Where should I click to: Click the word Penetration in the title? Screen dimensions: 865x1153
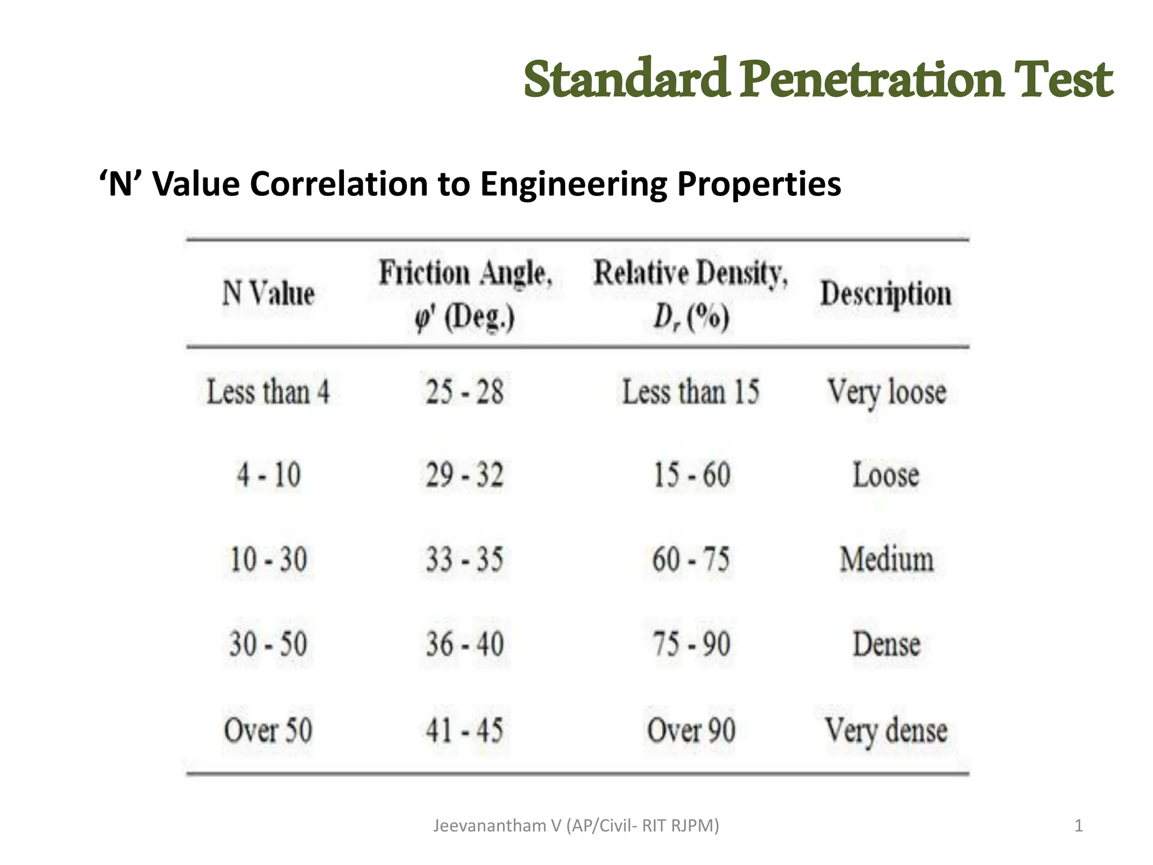pyautogui.click(x=871, y=80)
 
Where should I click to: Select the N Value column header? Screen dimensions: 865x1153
pyautogui.click(x=268, y=293)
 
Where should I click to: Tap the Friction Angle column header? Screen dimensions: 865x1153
pyautogui.click(x=465, y=295)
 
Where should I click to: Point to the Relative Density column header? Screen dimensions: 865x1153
pyautogui.click(x=691, y=295)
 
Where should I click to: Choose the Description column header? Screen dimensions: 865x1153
pyautogui.click(x=886, y=294)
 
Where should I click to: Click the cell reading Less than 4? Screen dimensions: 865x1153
pyautogui.click(x=268, y=391)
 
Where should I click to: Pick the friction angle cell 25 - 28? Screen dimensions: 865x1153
pyautogui.click(x=464, y=391)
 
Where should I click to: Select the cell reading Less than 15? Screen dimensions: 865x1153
pyautogui.click(x=691, y=391)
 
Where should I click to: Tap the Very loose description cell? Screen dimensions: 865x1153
pyautogui.click(x=886, y=392)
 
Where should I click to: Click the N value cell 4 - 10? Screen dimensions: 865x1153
pyautogui.click(x=269, y=475)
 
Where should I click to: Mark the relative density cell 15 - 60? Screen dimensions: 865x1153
pyautogui.click(x=691, y=475)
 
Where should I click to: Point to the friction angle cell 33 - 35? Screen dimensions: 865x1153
pyautogui.click(x=464, y=560)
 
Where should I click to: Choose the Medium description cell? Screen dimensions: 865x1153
pyautogui.click(x=886, y=560)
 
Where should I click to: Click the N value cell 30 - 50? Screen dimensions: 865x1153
pyautogui.click(x=268, y=644)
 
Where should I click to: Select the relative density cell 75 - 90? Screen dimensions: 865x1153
pyautogui.click(x=691, y=644)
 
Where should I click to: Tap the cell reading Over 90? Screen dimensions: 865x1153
pyautogui.click(x=691, y=730)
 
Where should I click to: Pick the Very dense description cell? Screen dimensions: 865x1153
pyautogui.click(x=886, y=730)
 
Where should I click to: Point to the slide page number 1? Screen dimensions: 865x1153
pyautogui.click(x=1078, y=826)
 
